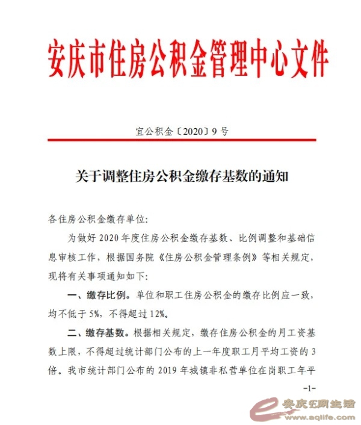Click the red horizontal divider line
[180, 143]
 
